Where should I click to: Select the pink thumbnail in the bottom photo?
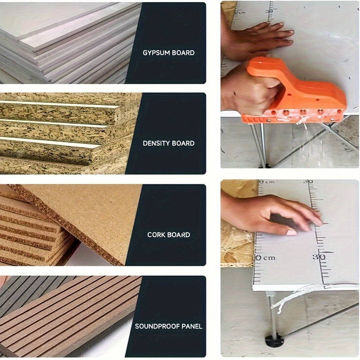point(291,233)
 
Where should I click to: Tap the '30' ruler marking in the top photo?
point(269,11)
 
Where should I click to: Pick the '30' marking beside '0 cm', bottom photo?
point(319,257)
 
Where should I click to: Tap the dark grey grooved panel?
point(28,292)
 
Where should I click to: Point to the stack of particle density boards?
point(66,133)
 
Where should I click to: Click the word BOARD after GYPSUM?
point(183,53)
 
